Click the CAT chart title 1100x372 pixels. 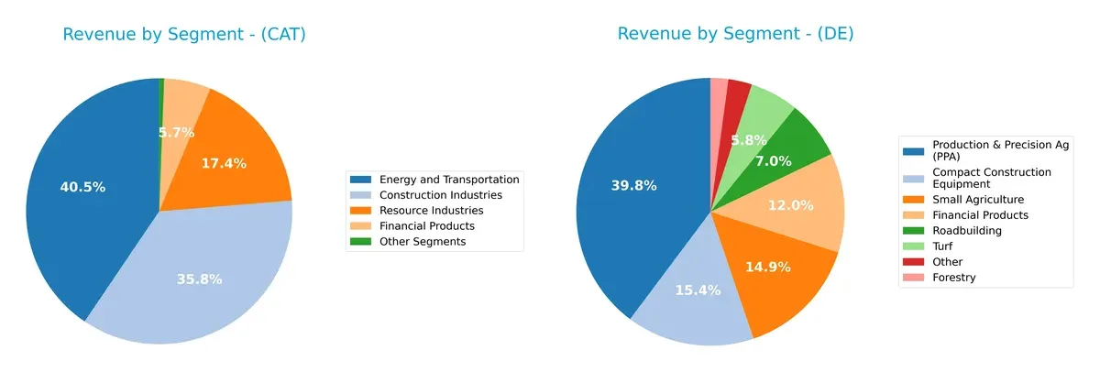point(184,35)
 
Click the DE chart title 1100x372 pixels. point(735,34)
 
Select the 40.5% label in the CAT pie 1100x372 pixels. point(82,187)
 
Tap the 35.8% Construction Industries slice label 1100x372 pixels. point(199,279)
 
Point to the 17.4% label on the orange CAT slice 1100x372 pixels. point(223,163)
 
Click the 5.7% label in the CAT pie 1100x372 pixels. point(176,133)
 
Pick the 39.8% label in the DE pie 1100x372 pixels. point(633,186)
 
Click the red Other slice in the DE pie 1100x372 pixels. point(738,99)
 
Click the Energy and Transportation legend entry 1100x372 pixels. point(448,180)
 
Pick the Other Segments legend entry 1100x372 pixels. point(422,241)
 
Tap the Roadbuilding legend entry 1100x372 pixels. point(967,231)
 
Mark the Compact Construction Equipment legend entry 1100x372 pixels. point(990,178)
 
